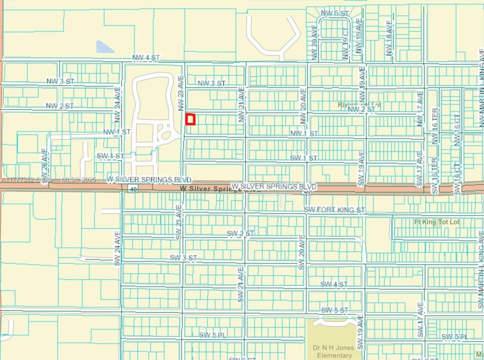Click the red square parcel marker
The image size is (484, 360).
click(x=190, y=119)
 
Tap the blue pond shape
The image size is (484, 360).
click(x=105, y=47)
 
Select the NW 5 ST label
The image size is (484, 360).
click(x=335, y=13)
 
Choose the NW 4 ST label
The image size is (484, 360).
click(x=146, y=58)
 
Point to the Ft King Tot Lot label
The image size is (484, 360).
click(x=437, y=222)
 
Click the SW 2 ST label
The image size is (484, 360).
click(x=241, y=233)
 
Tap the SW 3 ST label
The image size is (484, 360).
click(x=183, y=257)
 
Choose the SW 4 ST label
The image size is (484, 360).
click(x=334, y=284)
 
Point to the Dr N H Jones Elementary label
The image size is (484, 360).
click(x=334, y=351)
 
